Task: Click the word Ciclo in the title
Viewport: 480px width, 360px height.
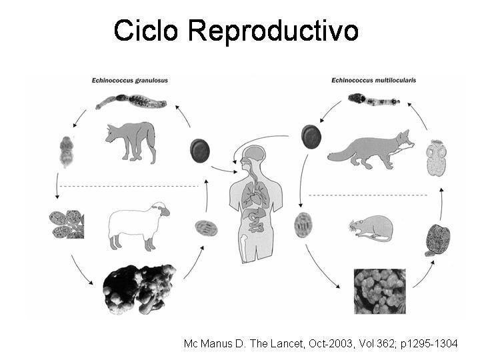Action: (x=146, y=30)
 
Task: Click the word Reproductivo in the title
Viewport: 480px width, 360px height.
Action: (x=273, y=32)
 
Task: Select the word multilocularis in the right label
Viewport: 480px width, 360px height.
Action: (x=395, y=80)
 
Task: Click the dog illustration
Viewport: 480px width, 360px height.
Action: (x=131, y=140)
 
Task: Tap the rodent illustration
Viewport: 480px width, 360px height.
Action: (x=371, y=229)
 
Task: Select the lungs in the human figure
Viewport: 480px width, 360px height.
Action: (x=254, y=194)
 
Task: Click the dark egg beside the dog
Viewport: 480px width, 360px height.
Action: (x=199, y=150)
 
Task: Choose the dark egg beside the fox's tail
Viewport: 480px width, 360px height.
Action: (x=311, y=137)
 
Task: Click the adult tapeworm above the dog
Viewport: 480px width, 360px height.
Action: (x=131, y=101)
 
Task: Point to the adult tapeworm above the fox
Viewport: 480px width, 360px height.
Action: (x=374, y=99)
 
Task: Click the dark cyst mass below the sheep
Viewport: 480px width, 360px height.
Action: (x=139, y=289)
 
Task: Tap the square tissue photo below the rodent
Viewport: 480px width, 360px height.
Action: (x=380, y=291)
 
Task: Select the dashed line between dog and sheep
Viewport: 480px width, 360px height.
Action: (x=129, y=186)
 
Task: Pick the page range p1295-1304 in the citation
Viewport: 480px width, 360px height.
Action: (x=429, y=344)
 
